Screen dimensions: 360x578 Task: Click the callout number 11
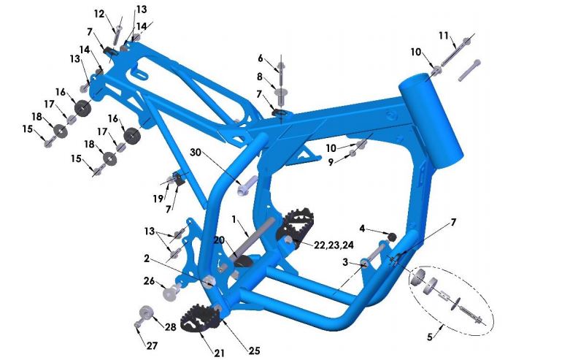click(444, 35)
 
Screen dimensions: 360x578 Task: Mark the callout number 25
click(253, 351)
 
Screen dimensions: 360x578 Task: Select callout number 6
click(260, 58)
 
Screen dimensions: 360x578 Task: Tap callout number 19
click(158, 198)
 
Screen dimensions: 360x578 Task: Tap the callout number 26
click(149, 280)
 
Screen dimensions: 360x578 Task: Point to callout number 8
click(259, 77)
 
